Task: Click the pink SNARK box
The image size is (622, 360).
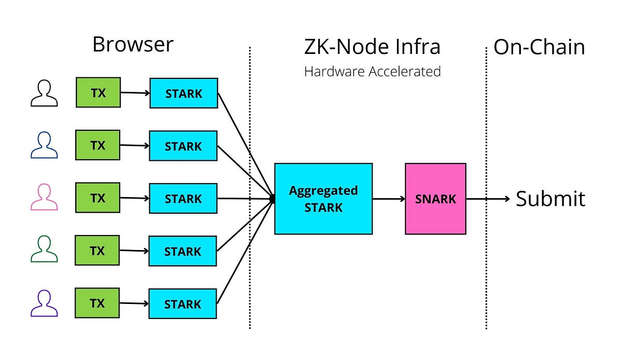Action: click(435, 199)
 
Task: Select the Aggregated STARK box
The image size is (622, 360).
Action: click(323, 199)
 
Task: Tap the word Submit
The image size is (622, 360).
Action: click(550, 199)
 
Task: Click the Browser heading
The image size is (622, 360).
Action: click(133, 45)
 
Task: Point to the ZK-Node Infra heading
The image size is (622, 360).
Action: click(372, 47)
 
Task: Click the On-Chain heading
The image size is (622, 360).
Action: click(539, 47)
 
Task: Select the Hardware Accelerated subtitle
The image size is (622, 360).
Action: click(372, 71)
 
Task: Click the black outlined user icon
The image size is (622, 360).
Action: click(44, 93)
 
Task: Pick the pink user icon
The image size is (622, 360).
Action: click(44, 198)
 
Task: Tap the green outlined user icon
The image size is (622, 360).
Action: click(44, 250)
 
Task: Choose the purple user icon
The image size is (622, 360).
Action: click(44, 303)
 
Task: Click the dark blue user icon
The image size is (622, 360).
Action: click(44, 145)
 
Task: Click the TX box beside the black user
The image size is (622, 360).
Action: click(98, 93)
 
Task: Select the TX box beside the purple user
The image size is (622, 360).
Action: click(97, 303)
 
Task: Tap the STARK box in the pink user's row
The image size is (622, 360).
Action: click(183, 199)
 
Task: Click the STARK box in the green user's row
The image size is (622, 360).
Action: click(183, 252)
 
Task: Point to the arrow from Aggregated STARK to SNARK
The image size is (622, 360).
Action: click(389, 199)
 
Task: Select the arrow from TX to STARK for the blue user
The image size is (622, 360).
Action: click(135, 146)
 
